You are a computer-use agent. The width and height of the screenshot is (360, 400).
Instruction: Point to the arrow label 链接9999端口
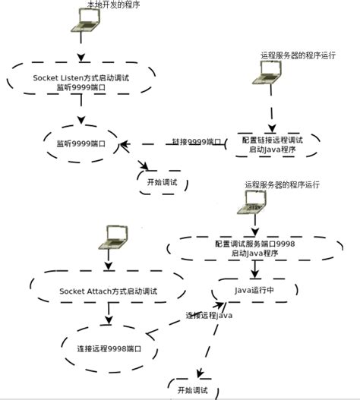pyautogui.click(x=197, y=142)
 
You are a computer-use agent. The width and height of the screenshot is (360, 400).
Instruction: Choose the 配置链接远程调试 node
pyautogui.click(x=272, y=145)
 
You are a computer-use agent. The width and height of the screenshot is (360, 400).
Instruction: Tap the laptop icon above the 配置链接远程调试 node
pyautogui.click(x=270, y=72)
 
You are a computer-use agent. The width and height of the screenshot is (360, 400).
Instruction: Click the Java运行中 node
pyautogui.click(x=254, y=289)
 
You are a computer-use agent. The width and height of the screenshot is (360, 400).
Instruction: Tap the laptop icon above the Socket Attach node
pyautogui.click(x=115, y=236)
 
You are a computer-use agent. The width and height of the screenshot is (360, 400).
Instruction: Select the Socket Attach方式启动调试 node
pyautogui.click(x=108, y=291)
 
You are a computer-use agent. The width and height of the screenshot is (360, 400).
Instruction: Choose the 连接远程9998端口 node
pyautogui.click(x=107, y=350)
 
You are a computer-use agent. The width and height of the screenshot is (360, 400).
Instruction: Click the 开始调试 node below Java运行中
pyautogui.click(x=191, y=389)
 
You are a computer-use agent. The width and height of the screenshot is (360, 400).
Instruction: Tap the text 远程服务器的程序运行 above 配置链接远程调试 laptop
pyautogui.click(x=298, y=55)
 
